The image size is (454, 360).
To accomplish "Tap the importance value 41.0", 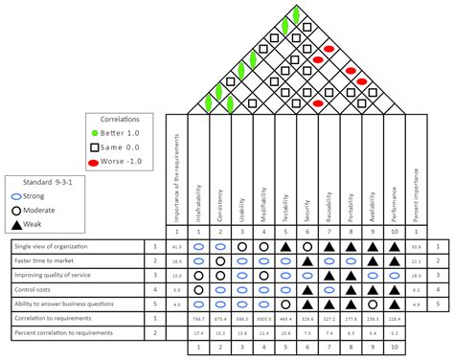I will click(177, 247).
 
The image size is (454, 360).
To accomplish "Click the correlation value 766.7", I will click(198, 318).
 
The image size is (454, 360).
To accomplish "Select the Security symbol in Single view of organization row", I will click(307, 247).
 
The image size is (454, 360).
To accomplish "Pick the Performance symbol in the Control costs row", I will click(396, 288).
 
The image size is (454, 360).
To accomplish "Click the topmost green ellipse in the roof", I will click(297, 13).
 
